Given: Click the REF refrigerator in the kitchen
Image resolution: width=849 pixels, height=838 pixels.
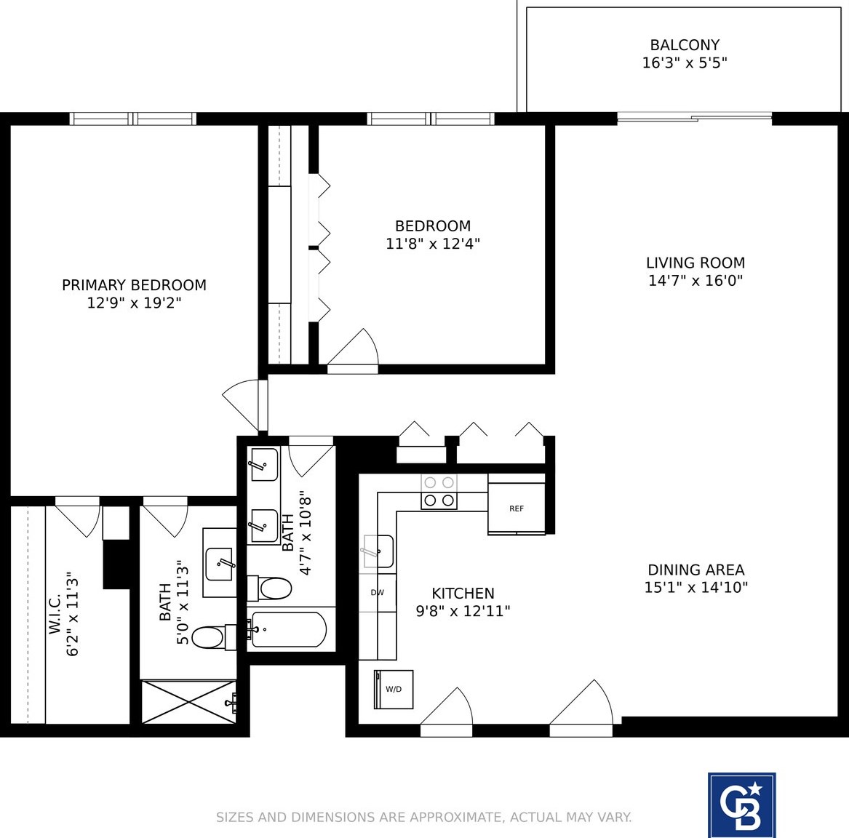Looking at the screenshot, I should tap(516, 508).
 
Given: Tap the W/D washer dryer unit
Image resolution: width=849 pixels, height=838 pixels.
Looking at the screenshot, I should tap(394, 689).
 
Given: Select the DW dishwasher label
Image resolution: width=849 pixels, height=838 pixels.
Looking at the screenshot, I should tap(377, 592).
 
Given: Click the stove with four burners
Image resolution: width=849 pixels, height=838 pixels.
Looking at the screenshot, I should tap(439, 492).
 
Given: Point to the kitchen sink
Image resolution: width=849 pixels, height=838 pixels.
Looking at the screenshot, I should tap(378, 551).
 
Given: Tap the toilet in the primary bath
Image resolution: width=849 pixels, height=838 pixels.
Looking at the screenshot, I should tap(207, 637).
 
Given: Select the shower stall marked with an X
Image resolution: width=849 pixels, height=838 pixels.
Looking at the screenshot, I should tap(188, 701).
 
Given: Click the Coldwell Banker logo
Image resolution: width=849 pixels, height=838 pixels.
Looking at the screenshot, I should tap(741, 805).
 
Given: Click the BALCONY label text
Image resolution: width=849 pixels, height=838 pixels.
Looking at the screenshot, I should tap(685, 45).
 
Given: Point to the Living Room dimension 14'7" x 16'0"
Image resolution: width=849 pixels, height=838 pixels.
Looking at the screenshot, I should tap(695, 281).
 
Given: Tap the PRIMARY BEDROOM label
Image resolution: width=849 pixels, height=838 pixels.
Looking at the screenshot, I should tap(134, 285).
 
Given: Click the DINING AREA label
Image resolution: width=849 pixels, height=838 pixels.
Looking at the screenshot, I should tap(696, 570).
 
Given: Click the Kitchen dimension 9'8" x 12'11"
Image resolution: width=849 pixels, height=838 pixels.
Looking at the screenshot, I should tap(463, 611).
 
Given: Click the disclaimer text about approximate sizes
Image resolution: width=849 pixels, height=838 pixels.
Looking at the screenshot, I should tap(423, 817).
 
